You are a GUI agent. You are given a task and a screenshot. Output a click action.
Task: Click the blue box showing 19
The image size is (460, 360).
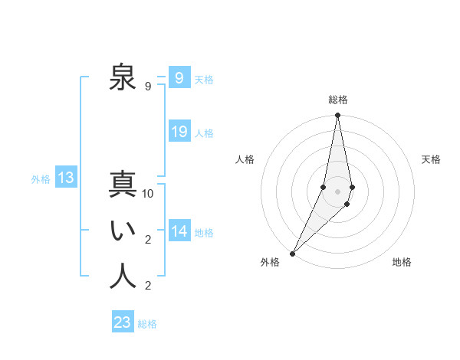(179, 132)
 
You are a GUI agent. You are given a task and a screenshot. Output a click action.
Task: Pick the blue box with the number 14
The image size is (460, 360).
(179, 231)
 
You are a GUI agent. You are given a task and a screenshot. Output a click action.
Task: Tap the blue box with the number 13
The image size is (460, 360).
(66, 178)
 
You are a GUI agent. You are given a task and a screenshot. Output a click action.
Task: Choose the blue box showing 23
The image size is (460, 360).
(123, 322)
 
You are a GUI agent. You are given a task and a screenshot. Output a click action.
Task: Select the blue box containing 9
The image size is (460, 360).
(179, 78)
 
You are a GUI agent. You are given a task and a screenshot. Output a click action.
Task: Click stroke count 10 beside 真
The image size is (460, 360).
(148, 194)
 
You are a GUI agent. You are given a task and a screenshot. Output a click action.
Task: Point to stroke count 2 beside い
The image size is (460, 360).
(148, 240)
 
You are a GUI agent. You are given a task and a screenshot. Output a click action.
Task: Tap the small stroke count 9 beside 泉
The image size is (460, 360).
(148, 87)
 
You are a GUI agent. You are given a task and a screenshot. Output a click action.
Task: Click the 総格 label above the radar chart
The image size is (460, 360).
(338, 100)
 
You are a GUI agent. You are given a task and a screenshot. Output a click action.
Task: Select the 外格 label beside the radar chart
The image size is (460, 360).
(270, 263)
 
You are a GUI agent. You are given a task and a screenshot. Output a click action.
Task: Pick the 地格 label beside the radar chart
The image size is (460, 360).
(402, 263)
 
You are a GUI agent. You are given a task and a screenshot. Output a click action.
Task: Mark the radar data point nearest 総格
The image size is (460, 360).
(337, 116)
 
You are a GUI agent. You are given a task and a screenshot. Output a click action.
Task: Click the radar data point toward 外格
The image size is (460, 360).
(293, 253)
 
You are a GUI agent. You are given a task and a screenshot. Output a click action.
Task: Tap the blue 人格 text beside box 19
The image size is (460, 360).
(204, 133)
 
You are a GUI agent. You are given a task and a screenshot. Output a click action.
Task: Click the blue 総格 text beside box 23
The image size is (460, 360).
(147, 324)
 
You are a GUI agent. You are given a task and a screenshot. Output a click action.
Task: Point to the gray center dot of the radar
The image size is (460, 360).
(337, 191)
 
